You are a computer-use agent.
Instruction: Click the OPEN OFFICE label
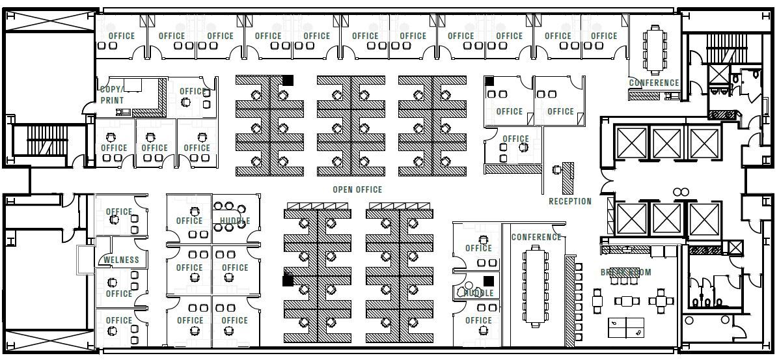[x=357, y=189]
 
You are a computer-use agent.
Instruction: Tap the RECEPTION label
[x=570, y=201]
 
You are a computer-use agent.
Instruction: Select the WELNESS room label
[x=122, y=260]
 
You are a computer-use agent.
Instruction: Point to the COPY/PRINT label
[x=112, y=94]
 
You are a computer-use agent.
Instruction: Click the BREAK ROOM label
[x=625, y=272]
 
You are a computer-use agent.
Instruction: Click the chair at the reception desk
[x=556, y=169]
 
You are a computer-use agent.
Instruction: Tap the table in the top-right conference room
[x=653, y=44]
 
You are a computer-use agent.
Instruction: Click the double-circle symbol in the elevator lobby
[x=681, y=191]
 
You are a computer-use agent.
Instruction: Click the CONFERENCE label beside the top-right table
[x=653, y=83]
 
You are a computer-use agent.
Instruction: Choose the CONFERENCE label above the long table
[x=536, y=237]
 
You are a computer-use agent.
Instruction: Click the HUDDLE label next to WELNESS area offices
[x=234, y=221]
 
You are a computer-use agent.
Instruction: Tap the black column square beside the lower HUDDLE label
[x=488, y=281]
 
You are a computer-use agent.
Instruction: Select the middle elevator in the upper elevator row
[x=666, y=143]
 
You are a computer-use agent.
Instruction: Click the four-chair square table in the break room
[x=661, y=301]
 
